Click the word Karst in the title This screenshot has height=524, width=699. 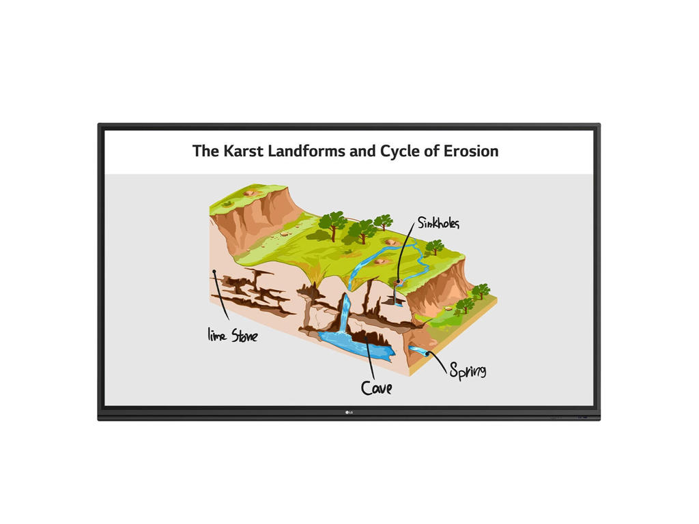242,151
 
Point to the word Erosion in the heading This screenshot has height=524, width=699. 472,151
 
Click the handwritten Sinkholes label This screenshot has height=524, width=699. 438,223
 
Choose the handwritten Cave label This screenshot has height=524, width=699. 376,388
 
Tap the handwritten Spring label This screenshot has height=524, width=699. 468,370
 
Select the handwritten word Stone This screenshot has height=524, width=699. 244,335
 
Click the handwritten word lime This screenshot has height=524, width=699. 217,334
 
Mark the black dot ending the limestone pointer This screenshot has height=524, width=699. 214,273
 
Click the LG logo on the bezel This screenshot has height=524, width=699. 349,411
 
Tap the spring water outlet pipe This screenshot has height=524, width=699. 418,351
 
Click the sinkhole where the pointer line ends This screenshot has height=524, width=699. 399,280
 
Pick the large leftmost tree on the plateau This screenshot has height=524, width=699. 332,224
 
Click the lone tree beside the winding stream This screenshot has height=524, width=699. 434,246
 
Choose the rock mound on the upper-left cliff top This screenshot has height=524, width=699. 251,193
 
